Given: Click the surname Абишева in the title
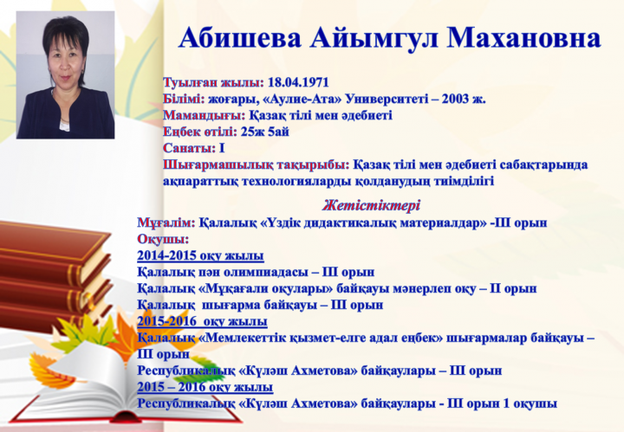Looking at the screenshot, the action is [x=239, y=38].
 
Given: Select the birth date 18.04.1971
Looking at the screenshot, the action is [x=298, y=82].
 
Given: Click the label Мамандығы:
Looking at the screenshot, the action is [x=205, y=115].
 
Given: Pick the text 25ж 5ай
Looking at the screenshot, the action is [x=264, y=132].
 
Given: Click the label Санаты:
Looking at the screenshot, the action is [x=189, y=148].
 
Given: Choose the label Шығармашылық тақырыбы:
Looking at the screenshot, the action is [x=257, y=165].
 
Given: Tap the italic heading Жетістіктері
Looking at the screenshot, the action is [x=371, y=205].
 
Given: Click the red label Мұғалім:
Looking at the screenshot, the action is [x=166, y=222].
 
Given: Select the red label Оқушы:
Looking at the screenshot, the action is [x=163, y=239].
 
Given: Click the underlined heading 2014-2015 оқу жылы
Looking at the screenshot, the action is [x=200, y=255].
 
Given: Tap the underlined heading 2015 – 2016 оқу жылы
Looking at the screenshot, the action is [x=205, y=387].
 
